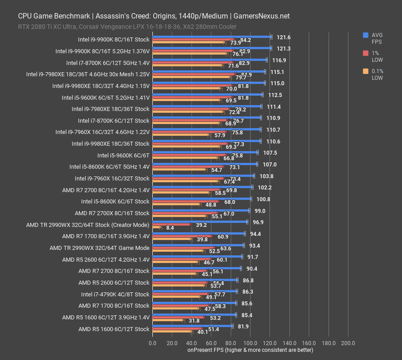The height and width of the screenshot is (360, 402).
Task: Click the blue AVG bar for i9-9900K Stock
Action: pyautogui.click(x=212, y=37)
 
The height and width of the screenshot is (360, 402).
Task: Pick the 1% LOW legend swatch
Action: pyautogui.click(x=365, y=53)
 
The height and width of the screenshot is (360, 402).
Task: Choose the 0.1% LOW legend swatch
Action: pyautogui.click(x=365, y=71)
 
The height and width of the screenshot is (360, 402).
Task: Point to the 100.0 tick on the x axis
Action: pyautogui.click(x=250, y=343)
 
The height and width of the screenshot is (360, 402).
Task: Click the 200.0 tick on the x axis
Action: pyautogui.click(x=348, y=343)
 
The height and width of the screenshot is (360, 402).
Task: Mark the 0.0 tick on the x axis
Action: pyautogui.click(x=152, y=343)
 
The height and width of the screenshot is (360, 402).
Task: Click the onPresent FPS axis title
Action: pyautogui.click(x=250, y=350)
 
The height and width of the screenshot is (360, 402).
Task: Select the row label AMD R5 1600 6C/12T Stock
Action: pyautogui.click(x=114, y=329)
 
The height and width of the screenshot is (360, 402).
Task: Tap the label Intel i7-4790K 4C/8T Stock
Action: pyautogui.click(x=115, y=294)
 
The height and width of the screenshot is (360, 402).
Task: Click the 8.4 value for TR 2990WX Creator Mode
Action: pyautogui.click(x=170, y=228)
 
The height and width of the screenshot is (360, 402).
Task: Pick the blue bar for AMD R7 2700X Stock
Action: pyautogui.click(x=201, y=211)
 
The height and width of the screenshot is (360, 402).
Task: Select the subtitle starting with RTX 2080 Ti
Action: pyautogui.click(x=127, y=27)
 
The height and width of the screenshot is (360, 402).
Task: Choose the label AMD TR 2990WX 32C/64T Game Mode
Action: pyautogui.click(x=99, y=248)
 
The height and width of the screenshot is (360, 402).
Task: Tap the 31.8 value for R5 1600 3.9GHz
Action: pyautogui.click(x=195, y=321)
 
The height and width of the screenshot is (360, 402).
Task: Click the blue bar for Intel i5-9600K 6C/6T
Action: pyautogui.click(x=205, y=152)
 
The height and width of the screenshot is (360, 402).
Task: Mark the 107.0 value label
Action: pyautogui.click(x=270, y=165)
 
